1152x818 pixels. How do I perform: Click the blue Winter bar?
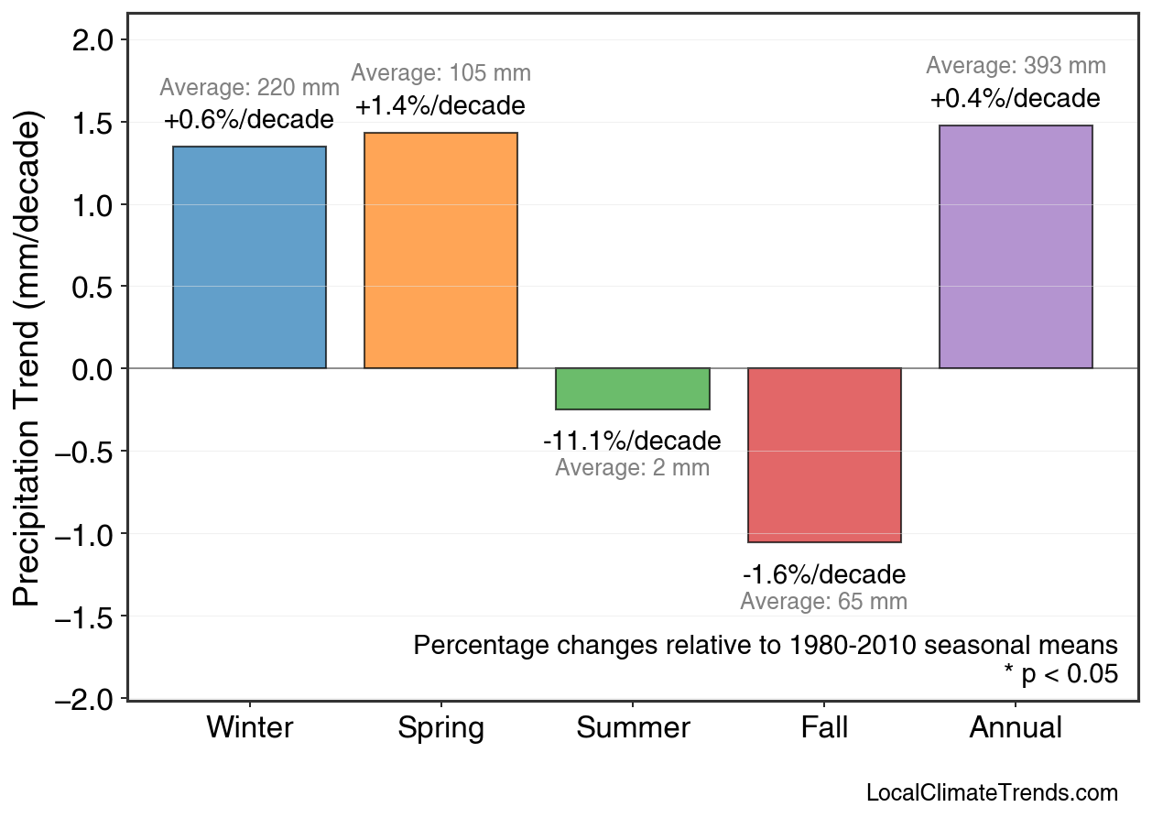[x=249, y=257]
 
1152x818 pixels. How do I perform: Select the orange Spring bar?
[x=440, y=250]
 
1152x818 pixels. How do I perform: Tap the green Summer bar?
[x=632, y=388]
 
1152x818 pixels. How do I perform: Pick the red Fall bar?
[x=824, y=454]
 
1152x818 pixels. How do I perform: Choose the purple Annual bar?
[x=1016, y=247]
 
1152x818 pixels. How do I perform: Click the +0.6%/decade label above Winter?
[x=249, y=120]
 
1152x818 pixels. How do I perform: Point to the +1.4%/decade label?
[x=440, y=106]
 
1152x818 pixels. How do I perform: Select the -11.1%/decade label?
[x=632, y=441]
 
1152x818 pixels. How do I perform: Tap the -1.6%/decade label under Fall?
[x=824, y=574]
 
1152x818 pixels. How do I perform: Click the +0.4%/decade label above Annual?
[x=1016, y=99]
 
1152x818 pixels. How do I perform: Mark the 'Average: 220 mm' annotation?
[x=249, y=88]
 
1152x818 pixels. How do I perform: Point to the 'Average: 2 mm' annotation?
[x=632, y=468]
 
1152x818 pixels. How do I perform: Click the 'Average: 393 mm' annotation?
[x=1016, y=66]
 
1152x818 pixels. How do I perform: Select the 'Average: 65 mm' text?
[x=824, y=602]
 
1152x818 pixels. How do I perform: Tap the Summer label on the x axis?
[x=633, y=728]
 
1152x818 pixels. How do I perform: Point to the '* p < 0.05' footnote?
[x=1060, y=674]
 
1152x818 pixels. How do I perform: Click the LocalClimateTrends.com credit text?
[x=992, y=793]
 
